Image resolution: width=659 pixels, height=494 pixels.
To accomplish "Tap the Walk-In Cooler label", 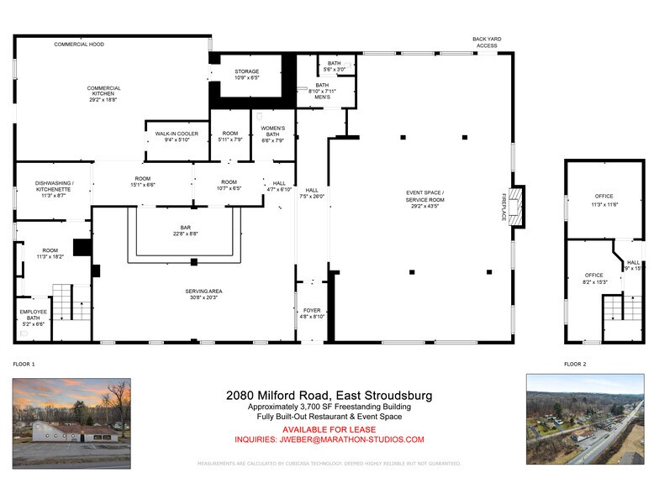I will [x=177, y=135].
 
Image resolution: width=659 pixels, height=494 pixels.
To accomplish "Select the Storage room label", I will [x=246, y=75].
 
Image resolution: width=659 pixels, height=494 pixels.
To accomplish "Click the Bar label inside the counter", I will [x=186, y=231].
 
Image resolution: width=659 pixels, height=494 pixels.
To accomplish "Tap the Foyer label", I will [x=312, y=313].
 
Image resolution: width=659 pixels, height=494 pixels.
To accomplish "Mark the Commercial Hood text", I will [x=79, y=45].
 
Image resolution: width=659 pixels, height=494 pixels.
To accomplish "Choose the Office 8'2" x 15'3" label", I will [x=594, y=279].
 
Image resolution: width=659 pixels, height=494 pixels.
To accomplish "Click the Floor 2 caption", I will [x=576, y=365].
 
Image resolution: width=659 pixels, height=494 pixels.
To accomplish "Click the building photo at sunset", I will [x=71, y=423].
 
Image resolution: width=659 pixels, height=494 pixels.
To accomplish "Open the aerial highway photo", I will [x=585, y=419].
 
